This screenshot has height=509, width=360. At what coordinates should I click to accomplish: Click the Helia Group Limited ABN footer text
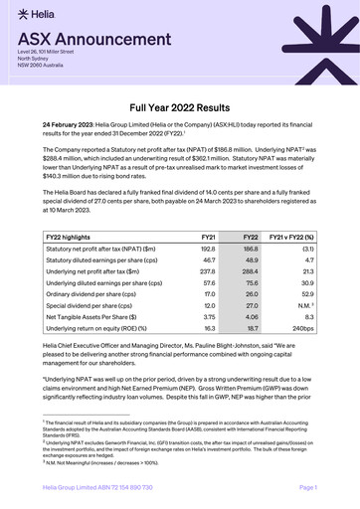[97, 486]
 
